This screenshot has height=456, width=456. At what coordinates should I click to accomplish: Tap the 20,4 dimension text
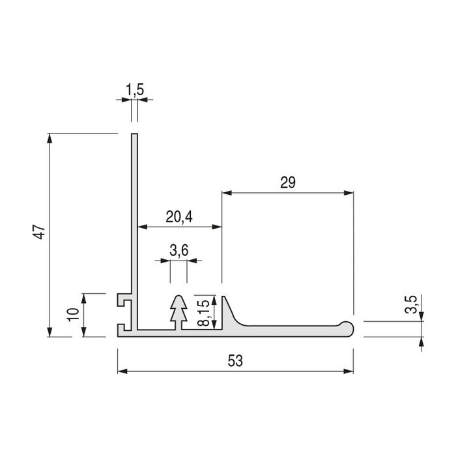click(178, 217)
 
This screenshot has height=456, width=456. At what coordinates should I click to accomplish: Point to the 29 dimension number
click(288, 183)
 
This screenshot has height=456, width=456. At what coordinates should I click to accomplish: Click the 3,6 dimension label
click(178, 250)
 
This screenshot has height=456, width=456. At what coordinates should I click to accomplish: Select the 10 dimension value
click(73, 315)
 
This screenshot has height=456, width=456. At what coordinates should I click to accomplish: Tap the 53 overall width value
click(235, 361)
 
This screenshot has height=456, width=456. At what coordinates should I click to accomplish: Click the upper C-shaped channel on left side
click(123, 302)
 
